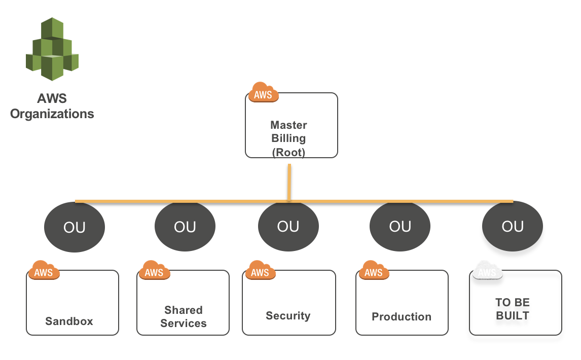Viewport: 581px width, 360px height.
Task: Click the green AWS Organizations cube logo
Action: [52, 49]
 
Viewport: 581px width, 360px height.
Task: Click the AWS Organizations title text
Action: [52, 106]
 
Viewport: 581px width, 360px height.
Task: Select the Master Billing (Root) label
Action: [288, 138]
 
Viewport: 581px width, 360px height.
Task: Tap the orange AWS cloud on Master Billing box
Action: [263, 93]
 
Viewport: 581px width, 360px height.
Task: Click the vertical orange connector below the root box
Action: [289, 182]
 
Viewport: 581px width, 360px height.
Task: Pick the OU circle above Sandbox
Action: [75, 227]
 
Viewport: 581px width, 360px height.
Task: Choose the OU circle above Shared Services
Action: [185, 227]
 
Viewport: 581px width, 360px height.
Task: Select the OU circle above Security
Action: [288, 226]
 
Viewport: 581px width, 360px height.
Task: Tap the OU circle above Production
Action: [400, 226]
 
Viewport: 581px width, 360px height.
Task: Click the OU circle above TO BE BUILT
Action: [512, 226]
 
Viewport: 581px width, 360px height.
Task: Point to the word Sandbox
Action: [69, 321]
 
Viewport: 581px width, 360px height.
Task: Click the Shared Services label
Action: [184, 316]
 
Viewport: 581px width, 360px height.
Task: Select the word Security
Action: [288, 315]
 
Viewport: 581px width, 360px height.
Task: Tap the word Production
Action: [402, 316]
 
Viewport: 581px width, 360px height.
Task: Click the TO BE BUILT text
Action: [512, 309]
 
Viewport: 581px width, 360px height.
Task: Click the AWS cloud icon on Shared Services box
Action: [154, 271]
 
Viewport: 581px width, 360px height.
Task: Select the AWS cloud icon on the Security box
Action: [260, 271]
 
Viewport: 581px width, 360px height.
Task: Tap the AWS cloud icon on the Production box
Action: [374, 271]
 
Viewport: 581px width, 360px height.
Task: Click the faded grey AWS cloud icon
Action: [487, 271]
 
